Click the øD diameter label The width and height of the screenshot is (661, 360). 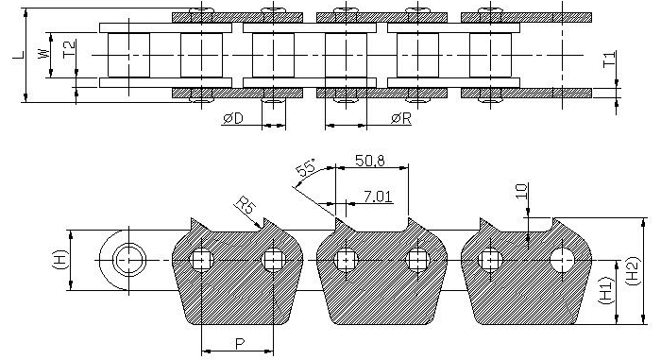coord(234,118)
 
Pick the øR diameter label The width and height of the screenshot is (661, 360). coord(400,118)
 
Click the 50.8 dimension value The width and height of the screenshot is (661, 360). coord(369,161)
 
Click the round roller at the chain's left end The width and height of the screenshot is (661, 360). coord(127,258)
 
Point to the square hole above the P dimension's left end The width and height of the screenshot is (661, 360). coord(201,259)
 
